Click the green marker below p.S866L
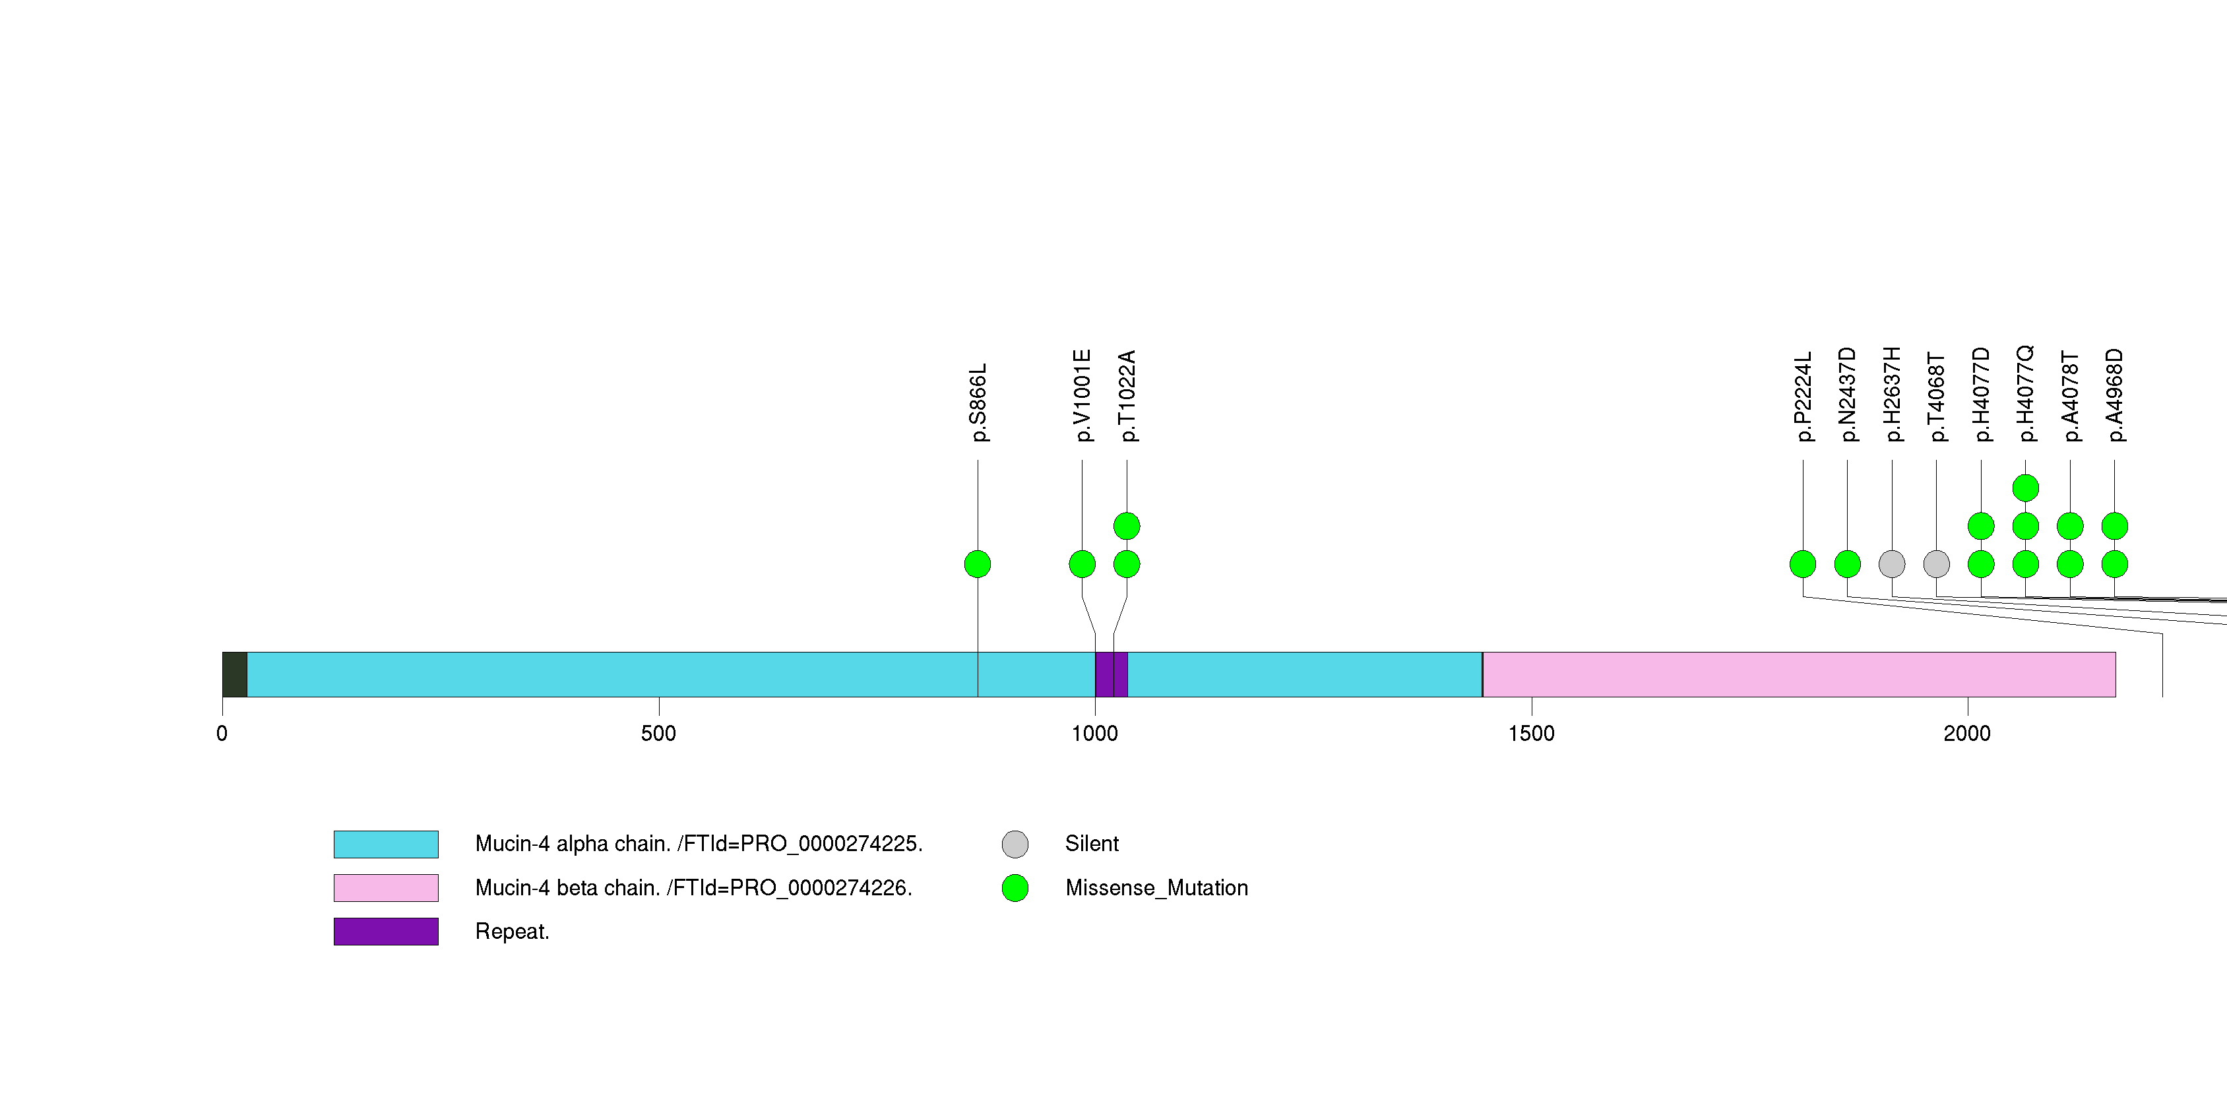pyautogui.click(x=977, y=564)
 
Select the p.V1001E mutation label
pyautogui.click(x=1082, y=396)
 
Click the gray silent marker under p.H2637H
pyautogui.click(x=1892, y=564)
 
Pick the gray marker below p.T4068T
pyautogui.click(x=1937, y=564)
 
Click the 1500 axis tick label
pyautogui.click(x=1530, y=734)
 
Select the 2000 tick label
pyautogui.click(x=1967, y=734)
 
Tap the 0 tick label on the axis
pyautogui.click(x=222, y=734)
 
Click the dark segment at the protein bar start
pyautogui.click(x=234, y=674)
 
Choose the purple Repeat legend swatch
pyautogui.click(x=386, y=932)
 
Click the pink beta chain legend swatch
pyautogui.click(x=386, y=887)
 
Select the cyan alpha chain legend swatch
pyautogui.click(x=386, y=844)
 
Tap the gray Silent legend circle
pyautogui.click(x=1015, y=844)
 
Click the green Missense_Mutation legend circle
pyautogui.click(x=1015, y=887)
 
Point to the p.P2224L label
pyautogui.click(x=1804, y=397)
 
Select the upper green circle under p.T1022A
pyautogui.click(x=1127, y=526)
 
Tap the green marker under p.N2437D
pyautogui.click(x=1848, y=564)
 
